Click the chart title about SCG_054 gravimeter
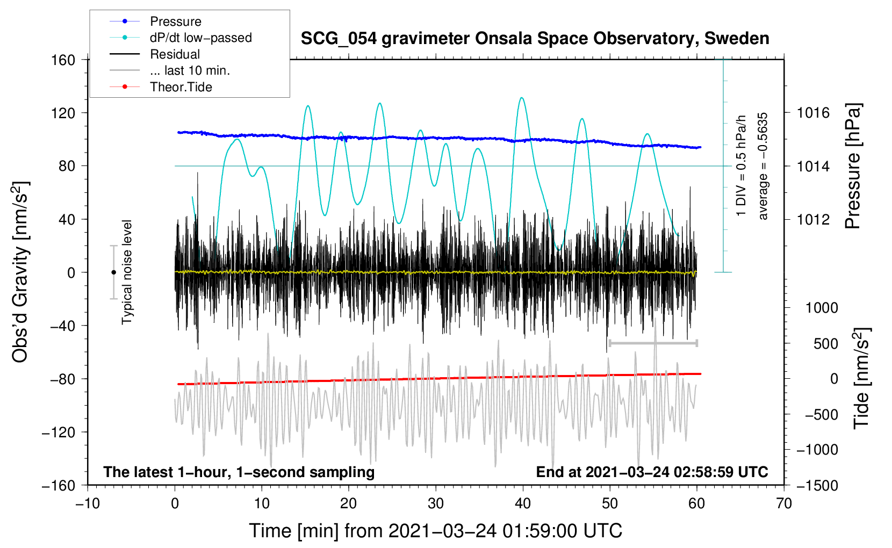click(x=535, y=39)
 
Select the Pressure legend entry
click(x=175, y=21)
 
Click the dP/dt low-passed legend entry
click(x=200, y=38)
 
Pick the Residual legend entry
click(x=175, y=54)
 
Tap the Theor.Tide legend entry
click(x=181, y=87)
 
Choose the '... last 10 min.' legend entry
click(x=190, y=70)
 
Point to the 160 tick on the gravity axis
click(x=63, y=60)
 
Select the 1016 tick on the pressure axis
click(x=813, y=113)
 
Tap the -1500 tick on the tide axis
click(x=817, y=485)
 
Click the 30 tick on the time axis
click(x=436, y=503)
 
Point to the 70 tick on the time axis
click(x=784, y=503)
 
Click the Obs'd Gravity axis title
click(x=20, y=272)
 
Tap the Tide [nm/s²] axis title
click(x=861, y=378)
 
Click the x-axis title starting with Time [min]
click(x=436, y=531)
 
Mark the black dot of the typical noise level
click(x=113, y=272)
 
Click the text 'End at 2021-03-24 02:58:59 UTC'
click(x=652, y=472)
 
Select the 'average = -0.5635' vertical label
click(x=763, y=167)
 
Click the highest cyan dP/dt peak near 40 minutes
click(x=521, y=98)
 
